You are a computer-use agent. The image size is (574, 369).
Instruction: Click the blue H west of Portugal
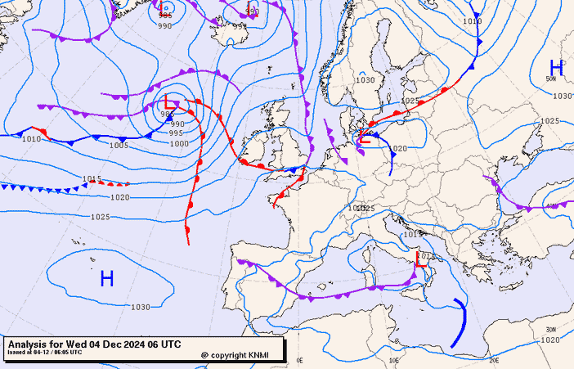click(x=106, y=279)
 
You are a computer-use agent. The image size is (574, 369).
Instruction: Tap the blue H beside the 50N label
click(x=556, y=68)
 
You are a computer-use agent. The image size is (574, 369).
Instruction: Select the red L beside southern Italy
click(x=421, y=260)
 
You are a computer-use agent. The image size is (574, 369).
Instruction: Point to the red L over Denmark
click(x=365, y=136)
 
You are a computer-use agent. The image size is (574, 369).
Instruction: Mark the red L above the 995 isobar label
click(x=169, y=104)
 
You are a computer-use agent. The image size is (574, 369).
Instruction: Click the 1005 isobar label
click(x=119, y=145)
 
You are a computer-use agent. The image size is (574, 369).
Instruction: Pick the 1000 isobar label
click(x=179, y=143)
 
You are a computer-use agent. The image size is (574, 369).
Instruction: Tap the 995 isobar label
click(x=176, y=133)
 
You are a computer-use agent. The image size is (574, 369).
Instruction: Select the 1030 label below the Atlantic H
click(x=140, y=307)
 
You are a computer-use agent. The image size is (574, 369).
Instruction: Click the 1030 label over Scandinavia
click(x=365, y=80)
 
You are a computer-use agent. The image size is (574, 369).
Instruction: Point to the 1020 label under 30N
click(x=550, y=340)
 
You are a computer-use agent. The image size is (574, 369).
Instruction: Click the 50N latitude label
click(x=551, y=79)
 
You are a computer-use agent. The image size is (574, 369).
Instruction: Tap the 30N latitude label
click(x=550, y=330)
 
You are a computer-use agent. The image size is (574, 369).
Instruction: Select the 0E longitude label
click(x=299, y=360)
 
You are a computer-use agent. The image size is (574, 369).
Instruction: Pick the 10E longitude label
click(x=395, y=360)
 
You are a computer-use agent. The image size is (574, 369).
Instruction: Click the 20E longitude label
click(x=493, y=360)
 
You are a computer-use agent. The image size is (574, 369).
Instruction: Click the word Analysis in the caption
click(x=29, y=344)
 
